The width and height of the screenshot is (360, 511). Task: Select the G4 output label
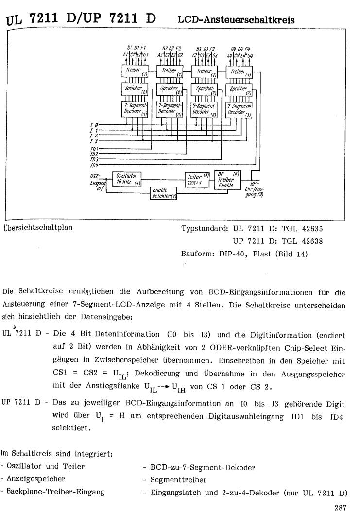tap(249, 54)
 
